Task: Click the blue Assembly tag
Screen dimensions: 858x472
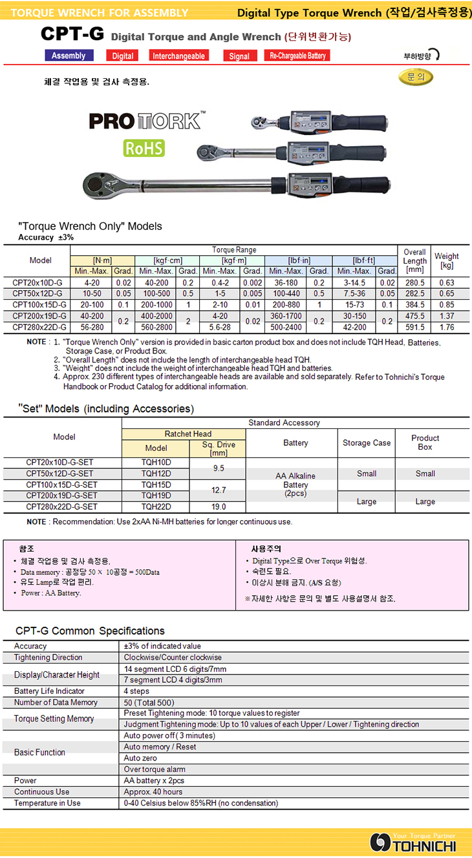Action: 69,56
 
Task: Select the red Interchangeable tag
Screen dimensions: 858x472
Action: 178,56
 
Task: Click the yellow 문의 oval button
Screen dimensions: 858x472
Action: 416,77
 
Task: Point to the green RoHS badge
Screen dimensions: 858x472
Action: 144,148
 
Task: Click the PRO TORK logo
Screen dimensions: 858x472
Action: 147,121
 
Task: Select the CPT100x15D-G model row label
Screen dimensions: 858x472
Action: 40,304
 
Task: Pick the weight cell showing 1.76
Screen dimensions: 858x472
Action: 446,327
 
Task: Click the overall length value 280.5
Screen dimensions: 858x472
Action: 414,282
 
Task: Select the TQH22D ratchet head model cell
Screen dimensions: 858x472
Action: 156,507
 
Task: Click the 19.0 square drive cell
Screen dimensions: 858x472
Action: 217,507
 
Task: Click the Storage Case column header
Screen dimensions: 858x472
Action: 367,443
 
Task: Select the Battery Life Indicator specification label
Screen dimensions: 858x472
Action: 49,691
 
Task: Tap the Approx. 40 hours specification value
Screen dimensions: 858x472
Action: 153,791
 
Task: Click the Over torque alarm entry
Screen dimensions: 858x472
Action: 155,769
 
